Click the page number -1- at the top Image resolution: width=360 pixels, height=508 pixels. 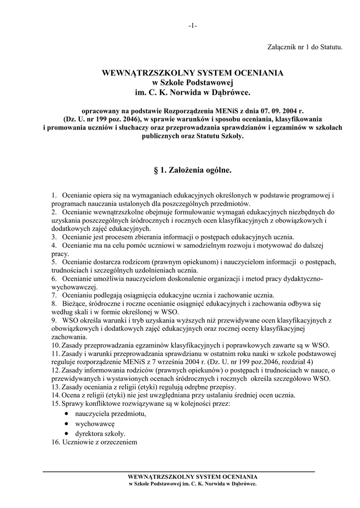[x=193, y=26]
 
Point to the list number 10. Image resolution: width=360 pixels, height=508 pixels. [x=55, y=345]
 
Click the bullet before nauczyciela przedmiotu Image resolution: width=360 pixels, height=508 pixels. [x=67, y=413]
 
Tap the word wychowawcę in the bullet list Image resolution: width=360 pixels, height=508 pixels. [x=95, y=424]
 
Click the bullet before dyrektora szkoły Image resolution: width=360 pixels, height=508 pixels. [x=67, y=433]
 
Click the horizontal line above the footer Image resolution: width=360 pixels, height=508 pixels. [x=179, y=470]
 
